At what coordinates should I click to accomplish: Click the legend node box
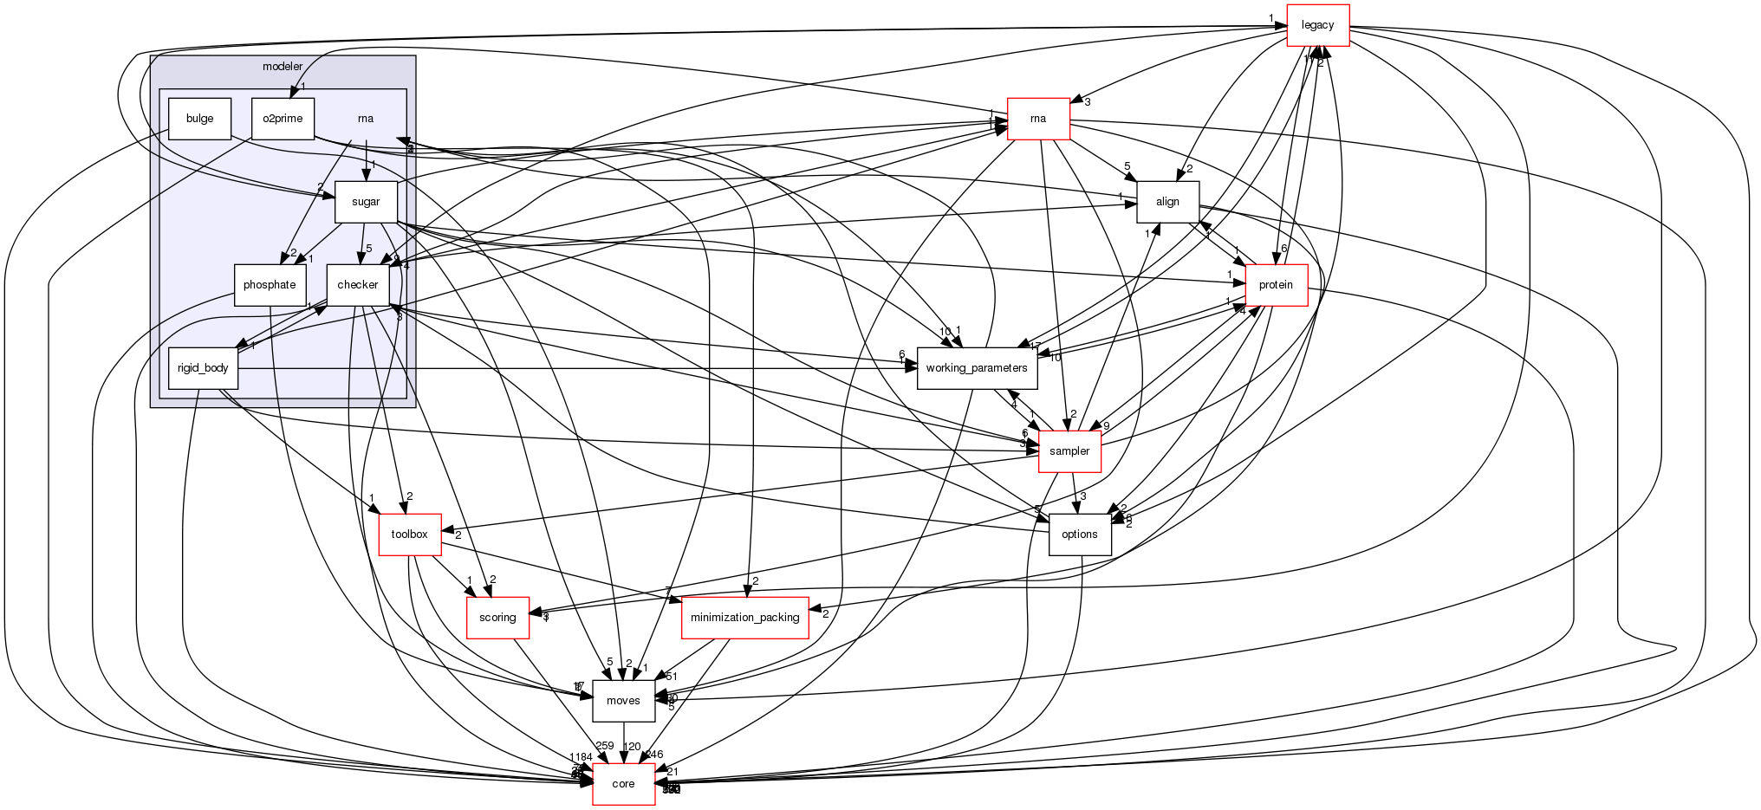point(1317,25)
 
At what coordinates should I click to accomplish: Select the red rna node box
point(1038,119)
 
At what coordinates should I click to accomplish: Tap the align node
point(1167,202)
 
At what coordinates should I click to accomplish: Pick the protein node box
point(1276,285)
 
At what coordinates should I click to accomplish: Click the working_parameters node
point(977,368)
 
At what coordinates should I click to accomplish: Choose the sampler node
point(1069,451)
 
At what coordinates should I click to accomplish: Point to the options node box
point(1080,535)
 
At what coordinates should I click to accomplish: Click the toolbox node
point(409,535)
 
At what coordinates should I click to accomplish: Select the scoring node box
point(497,618)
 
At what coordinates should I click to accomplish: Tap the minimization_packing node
point(745,618)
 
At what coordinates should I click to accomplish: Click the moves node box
point(623,701)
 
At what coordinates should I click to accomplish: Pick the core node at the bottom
point(623,784)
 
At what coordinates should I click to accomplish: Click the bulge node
point(199,119)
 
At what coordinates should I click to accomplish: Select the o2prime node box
point(283,119)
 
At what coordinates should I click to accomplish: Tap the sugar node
point(366,202)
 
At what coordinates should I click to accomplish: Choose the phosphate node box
point(270,285)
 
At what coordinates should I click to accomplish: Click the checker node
point(358,285)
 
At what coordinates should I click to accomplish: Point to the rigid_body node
point(203,368)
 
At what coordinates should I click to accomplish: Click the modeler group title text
point(283,67)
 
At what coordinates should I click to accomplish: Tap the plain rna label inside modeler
point(366,119)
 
